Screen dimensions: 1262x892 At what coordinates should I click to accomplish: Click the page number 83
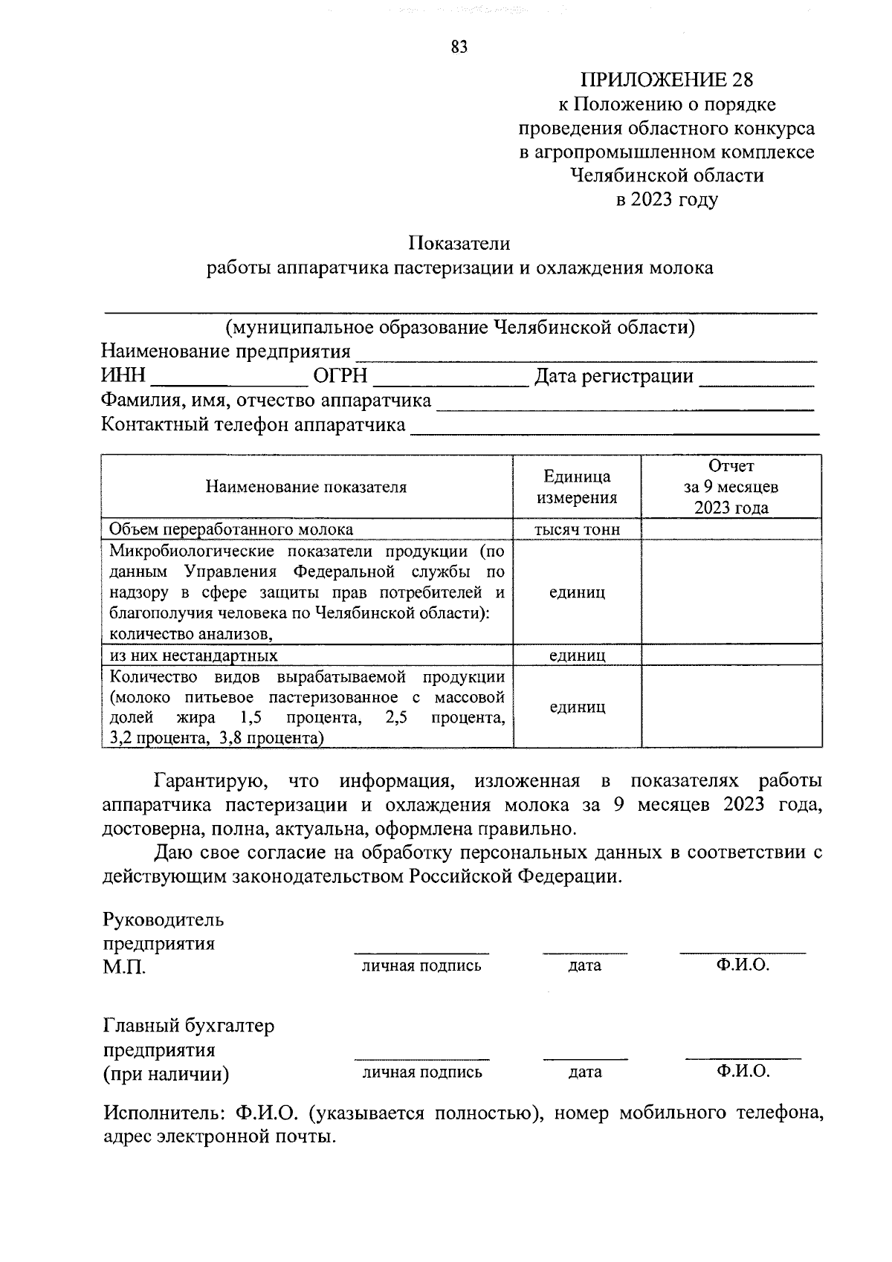pos(459,48)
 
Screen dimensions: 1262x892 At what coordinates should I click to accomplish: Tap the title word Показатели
pos(459,243)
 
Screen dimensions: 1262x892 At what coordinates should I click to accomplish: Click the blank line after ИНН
pos(230,381)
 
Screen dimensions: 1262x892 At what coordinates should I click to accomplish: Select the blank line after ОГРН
pos(450,381)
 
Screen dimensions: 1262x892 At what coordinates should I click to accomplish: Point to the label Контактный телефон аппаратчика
pos(253,424)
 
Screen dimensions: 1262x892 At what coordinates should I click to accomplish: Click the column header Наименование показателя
pos(306,487)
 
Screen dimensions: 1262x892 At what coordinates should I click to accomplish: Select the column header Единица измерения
pos(577,487)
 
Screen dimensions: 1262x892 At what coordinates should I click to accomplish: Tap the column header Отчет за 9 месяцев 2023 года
pos(731,487)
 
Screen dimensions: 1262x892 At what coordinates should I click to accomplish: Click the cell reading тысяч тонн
pos(577,529)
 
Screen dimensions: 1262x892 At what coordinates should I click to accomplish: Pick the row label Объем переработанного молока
pos(231,529)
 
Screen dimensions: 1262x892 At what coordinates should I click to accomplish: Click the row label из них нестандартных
pos(193,656)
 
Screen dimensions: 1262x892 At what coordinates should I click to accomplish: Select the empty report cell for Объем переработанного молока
pos(731,529)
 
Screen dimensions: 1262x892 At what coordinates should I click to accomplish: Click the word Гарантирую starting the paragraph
pos(205,781)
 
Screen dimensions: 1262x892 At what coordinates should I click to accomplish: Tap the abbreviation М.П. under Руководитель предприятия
pos(124,968)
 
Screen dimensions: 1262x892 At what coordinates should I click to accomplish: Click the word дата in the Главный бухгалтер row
pos(585,1072)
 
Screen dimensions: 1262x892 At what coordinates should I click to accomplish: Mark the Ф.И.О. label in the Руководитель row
pos(743,965)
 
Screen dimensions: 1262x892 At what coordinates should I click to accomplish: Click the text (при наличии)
pos(166,1074)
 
